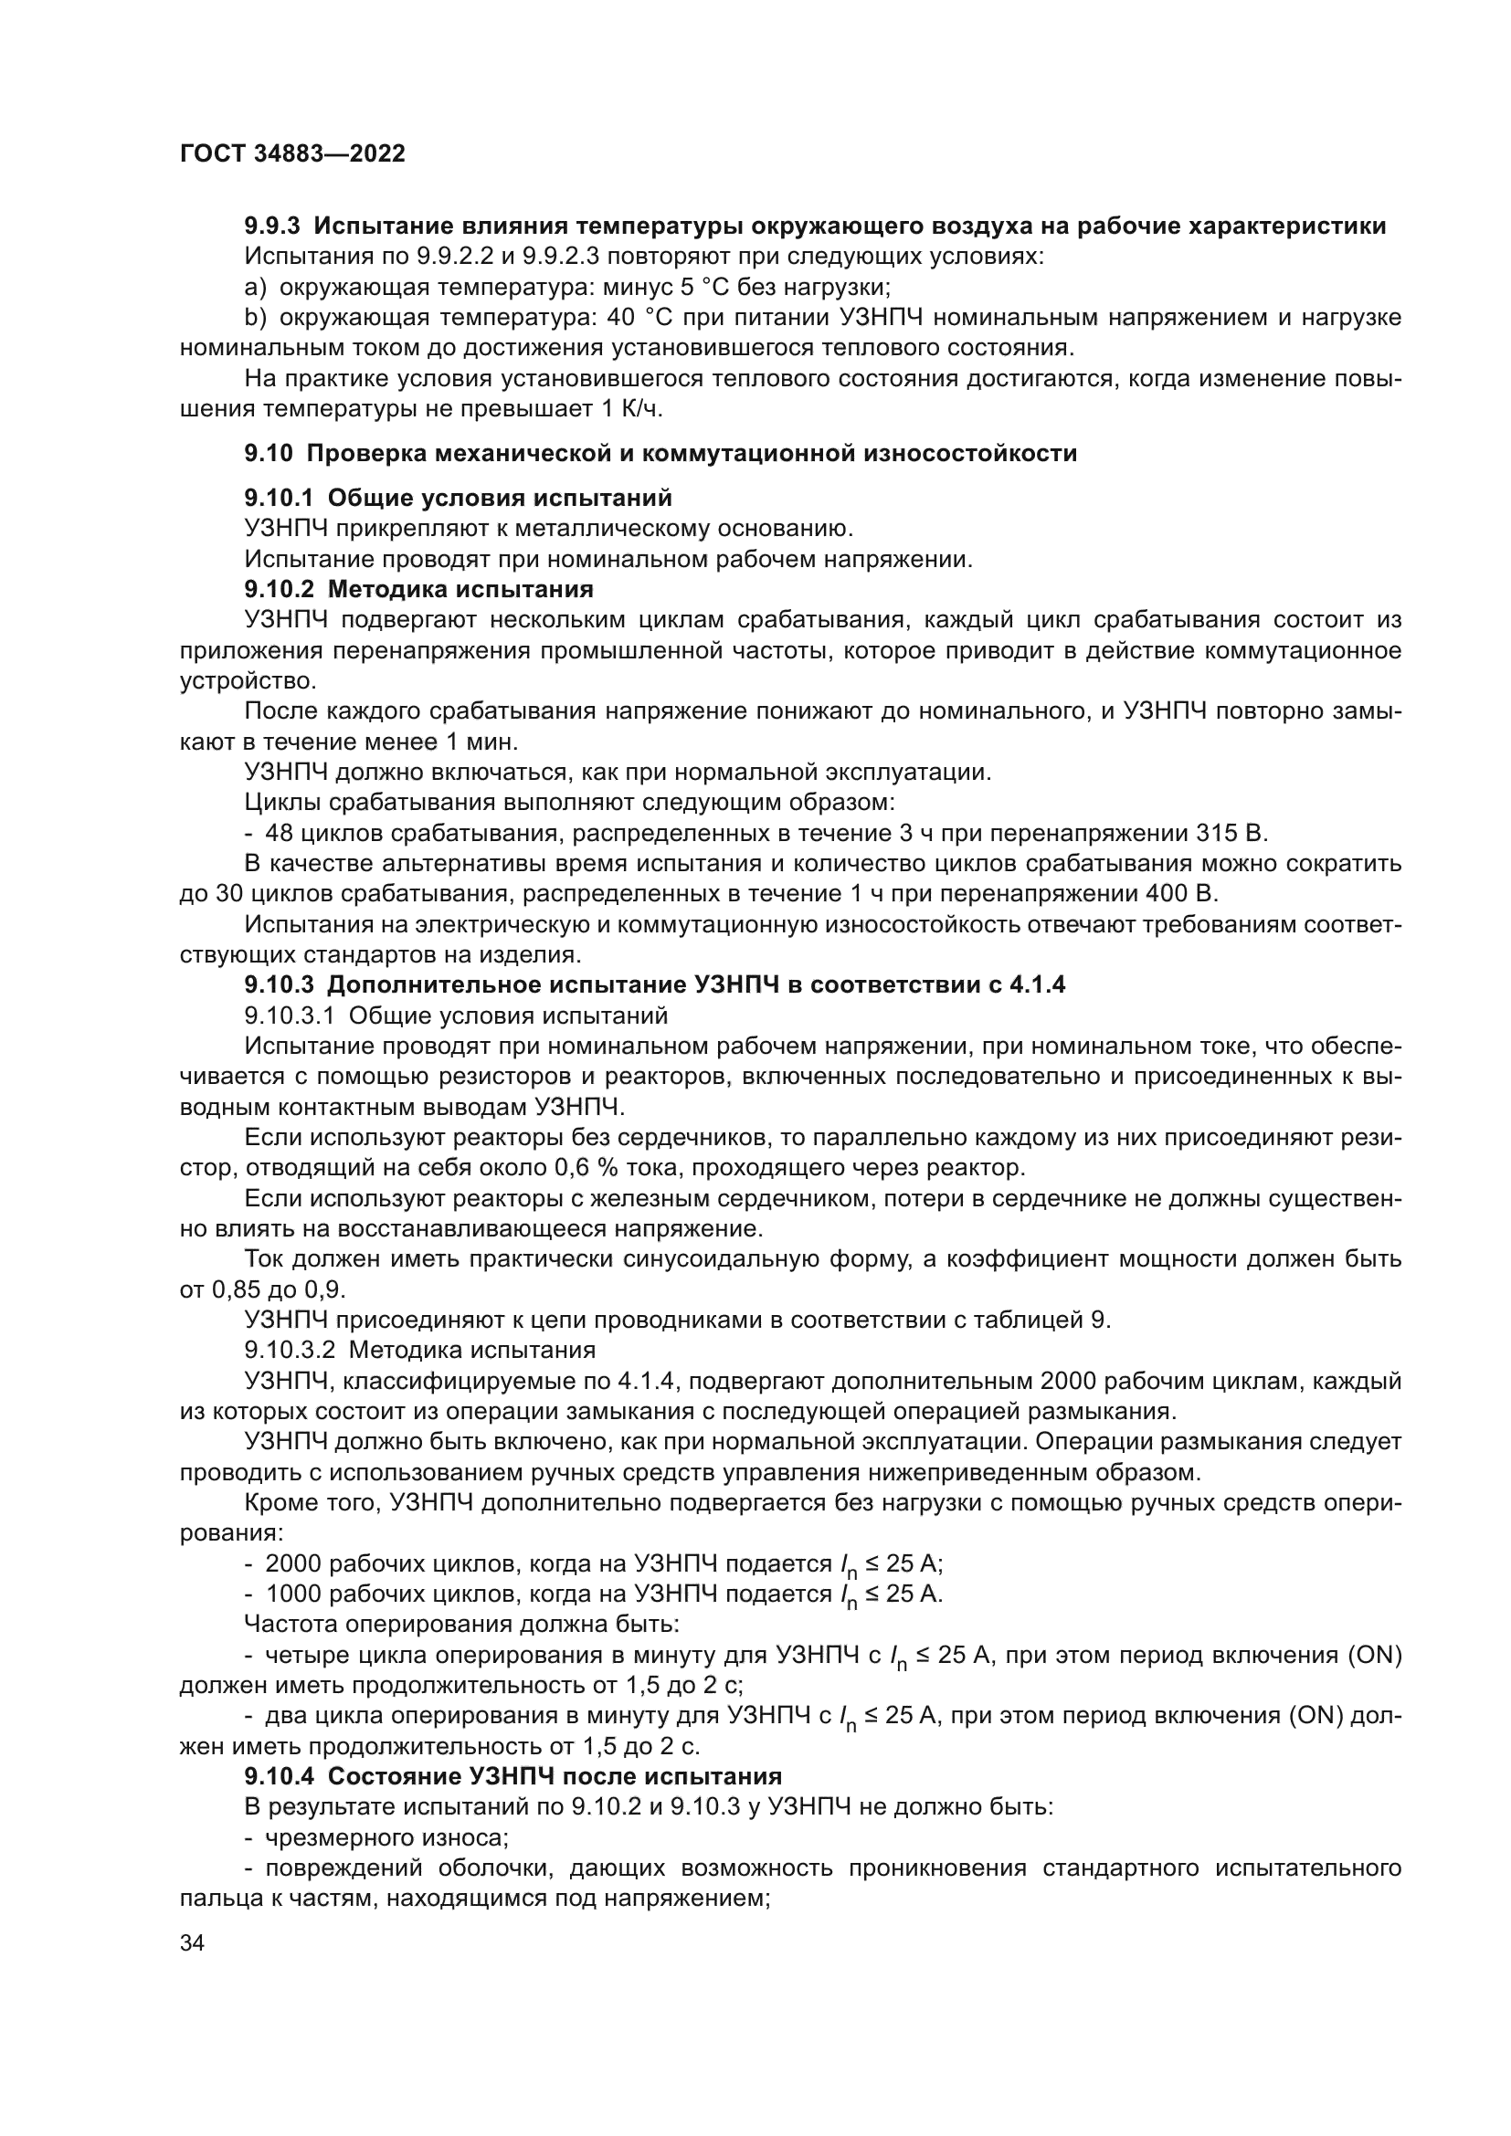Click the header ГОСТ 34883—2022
292,153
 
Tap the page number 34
193,1942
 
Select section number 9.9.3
271,226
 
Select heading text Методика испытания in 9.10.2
460,589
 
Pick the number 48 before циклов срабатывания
280,833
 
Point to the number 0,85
237,1290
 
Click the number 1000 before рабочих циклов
292,1594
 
